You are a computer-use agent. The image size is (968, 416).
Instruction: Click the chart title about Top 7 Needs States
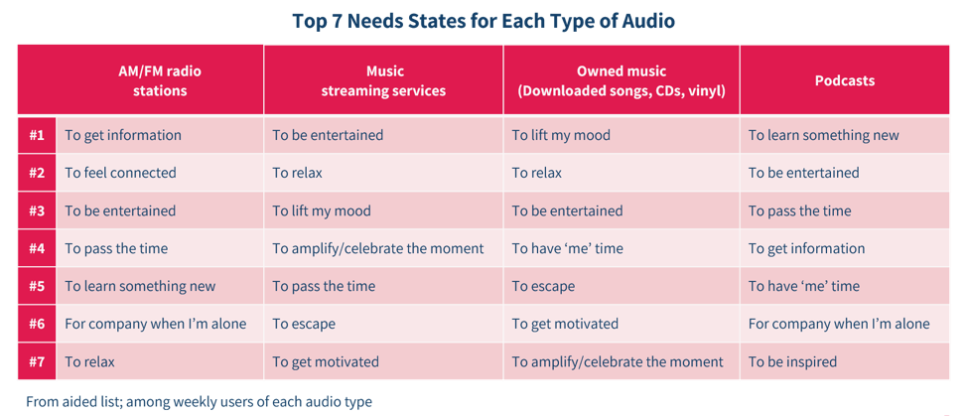pos(484,21)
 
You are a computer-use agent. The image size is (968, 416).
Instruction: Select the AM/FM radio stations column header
pos(159,80)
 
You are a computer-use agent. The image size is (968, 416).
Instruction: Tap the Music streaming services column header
pos(383,80)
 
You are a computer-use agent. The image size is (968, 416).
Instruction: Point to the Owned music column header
pos(622,80)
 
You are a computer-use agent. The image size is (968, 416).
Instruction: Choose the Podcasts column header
pos(845,80)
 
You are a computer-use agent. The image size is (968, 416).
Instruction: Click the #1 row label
pos(37,135)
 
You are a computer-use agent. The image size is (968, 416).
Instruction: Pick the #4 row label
pos(37,249)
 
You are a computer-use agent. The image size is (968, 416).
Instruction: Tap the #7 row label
pos(37,361)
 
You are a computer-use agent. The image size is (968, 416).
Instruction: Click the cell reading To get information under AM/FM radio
pos(123,135)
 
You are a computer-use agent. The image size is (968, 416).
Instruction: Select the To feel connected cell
pos(120,173)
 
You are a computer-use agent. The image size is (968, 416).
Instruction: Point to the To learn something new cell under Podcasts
pos(823,135)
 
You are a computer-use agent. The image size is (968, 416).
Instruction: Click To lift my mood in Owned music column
pos(561,135)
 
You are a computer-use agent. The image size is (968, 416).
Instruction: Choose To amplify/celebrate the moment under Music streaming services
pos(378,249)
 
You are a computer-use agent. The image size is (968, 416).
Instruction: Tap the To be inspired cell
pos(792,361)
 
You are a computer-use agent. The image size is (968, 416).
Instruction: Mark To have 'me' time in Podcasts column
pos(804,286)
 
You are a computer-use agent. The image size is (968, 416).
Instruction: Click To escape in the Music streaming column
pos(304,324)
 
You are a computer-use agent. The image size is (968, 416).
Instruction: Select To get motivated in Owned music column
pos(565,324)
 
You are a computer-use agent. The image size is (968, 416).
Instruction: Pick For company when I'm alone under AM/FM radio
pos(156,324)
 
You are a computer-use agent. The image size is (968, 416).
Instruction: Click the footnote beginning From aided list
pos(199,402)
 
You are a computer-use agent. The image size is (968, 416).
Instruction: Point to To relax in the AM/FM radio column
pos(89,361)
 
